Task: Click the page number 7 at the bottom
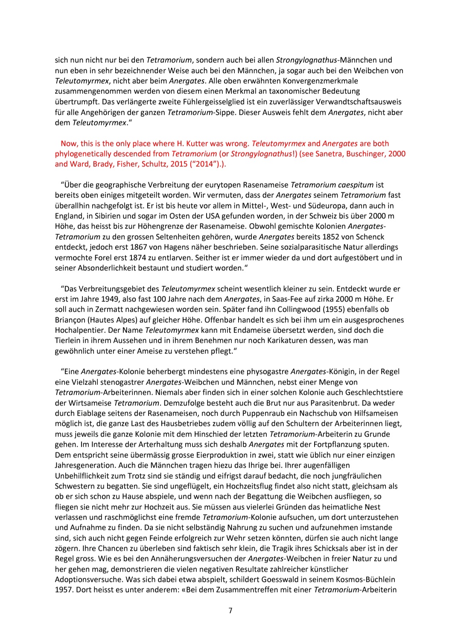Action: coord(230,610)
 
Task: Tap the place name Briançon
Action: coord(72,320)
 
